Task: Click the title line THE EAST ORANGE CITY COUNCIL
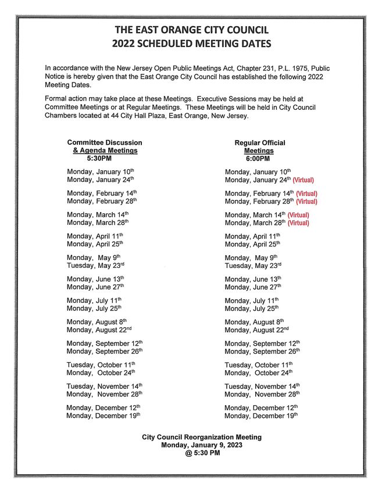[x=191, y=30]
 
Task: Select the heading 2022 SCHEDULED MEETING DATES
[x=191, y=44]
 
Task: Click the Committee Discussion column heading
[x=105, y=142]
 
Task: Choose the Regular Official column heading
[x=260, y=143]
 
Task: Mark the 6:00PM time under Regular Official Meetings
[x=258, y=159]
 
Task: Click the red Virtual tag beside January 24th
[x=303, y=180]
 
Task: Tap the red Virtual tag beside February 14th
[x=306, y=194]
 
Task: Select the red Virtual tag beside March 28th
[x=298, y=223]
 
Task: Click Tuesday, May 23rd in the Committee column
[x=95, y=266]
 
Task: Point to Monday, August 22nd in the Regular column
[x=256, y=330]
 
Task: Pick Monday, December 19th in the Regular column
[x=260, y=416]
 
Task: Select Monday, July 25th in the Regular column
[x=251, y=308]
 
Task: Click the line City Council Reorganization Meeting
[x=202, y=437]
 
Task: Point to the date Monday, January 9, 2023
[x=202, y=445]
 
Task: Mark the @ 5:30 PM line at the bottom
[x=202, y=453]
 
